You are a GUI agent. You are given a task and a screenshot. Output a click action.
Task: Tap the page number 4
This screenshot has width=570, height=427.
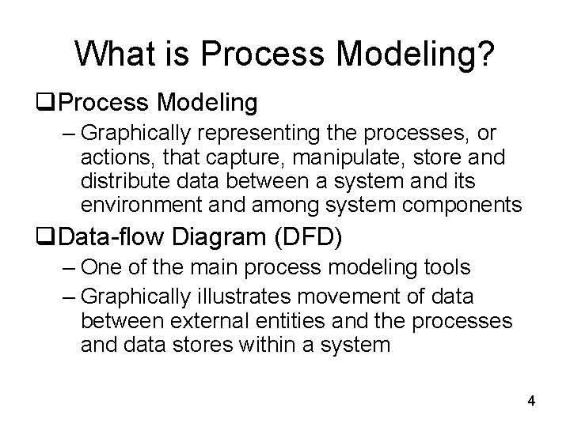click(531, 401)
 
